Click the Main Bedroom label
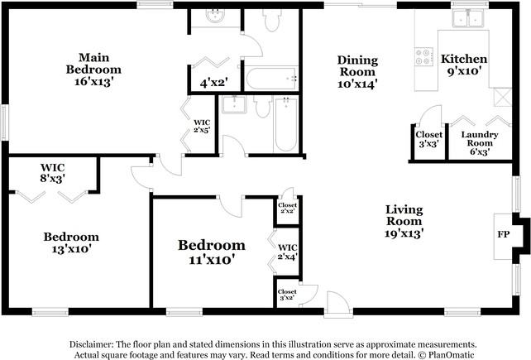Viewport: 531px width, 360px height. (x=94, y=69)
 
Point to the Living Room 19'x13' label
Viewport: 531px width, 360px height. (x=404, y=222)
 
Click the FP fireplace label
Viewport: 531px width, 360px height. (x=502, y=234)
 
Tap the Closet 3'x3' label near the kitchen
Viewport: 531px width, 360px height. (x=428, y=138)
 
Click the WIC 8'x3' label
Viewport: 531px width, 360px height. (x=52, y=171)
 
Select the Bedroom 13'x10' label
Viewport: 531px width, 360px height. (x=71, y=242)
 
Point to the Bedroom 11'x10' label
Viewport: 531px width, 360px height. (x=212, y=252)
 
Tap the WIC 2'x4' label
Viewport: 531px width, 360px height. (x=288, y=252)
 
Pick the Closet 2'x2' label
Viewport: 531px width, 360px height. (x=287, y=208)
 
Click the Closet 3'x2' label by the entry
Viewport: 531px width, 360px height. (x=287, y=295)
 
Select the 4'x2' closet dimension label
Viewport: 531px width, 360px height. (x=213, y=82)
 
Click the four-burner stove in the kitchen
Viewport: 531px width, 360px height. (x=423, y=56)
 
